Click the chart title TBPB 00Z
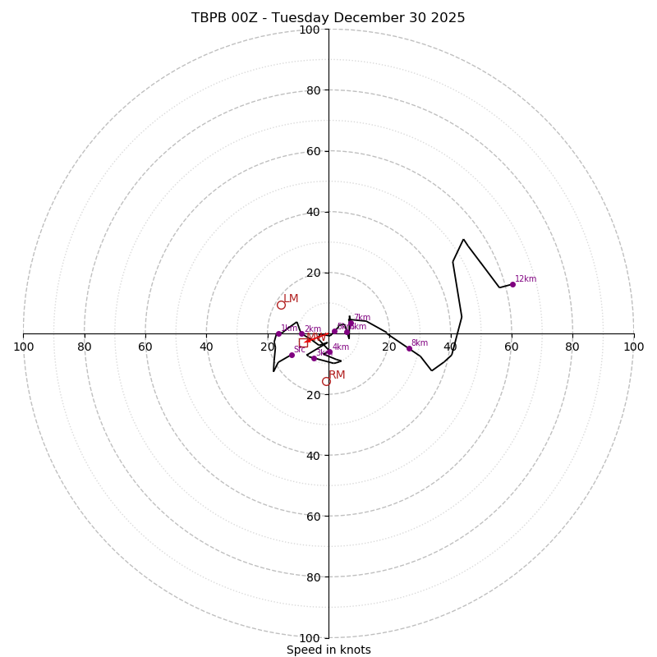coord(328,18)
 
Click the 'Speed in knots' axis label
coord(328,650)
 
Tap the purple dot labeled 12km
coord(512,284)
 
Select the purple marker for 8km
coord(409,348)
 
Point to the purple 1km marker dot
coord(278,333)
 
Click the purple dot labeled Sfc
coord(292,355)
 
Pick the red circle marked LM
coord(281,305)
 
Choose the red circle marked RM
coord(326,381)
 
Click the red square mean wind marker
coord(303,342)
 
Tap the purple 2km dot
coord(301,334)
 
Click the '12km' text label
coord(526,279)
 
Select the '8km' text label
coord(420,342)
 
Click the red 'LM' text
coord(292,298)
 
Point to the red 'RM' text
coord(337,374)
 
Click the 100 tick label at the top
coord(310,30)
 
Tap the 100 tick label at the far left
coord(23,347)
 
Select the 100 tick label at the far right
coord(633,347)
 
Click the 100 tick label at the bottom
coord(310,637)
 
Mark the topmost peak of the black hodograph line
coord(463,239)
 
